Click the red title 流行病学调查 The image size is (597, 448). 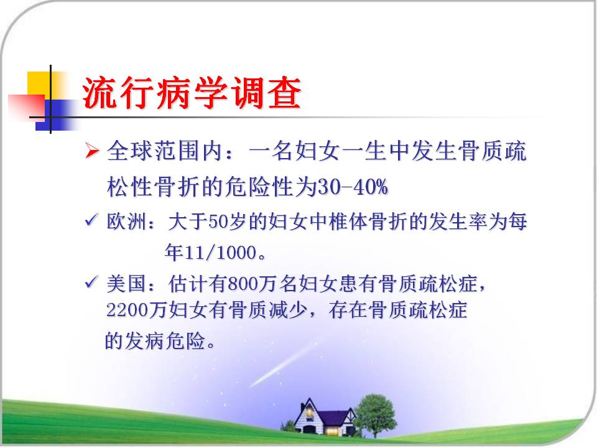pyautogui.click(x=192, y=93)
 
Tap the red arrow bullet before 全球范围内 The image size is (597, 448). pyautogui.click(x=92, y=150)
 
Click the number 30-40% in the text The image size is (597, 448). pyautogui.click(x=353, y=187)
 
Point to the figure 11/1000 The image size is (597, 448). pyautogui.click(x=220, y=252)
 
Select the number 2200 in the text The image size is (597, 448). pyautogui.click(x=127, y=310)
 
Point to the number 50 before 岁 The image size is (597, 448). pyautogui.click(x=218, y=222)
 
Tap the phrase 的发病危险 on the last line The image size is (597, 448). pyautogui.click(x=155, y=340)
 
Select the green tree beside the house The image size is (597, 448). pyautogui.click(x=375, y=415)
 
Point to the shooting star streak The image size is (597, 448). pyautogui.click(x=282, y=365)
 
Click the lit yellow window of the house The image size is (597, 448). pyautogui.click(x=332, y=431)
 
